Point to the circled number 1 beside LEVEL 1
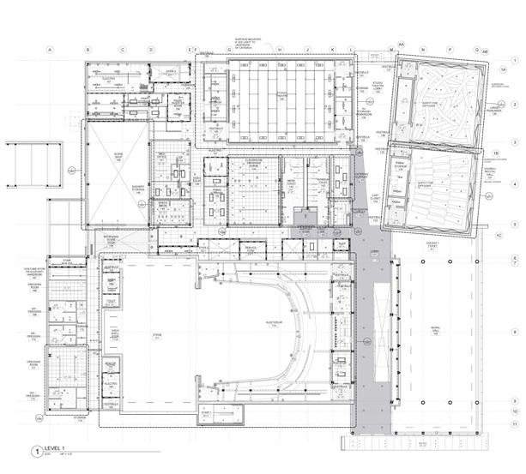point(36,450)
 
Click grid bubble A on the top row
point(51,50)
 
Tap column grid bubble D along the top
point(151,50)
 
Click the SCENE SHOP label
point(118,158)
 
